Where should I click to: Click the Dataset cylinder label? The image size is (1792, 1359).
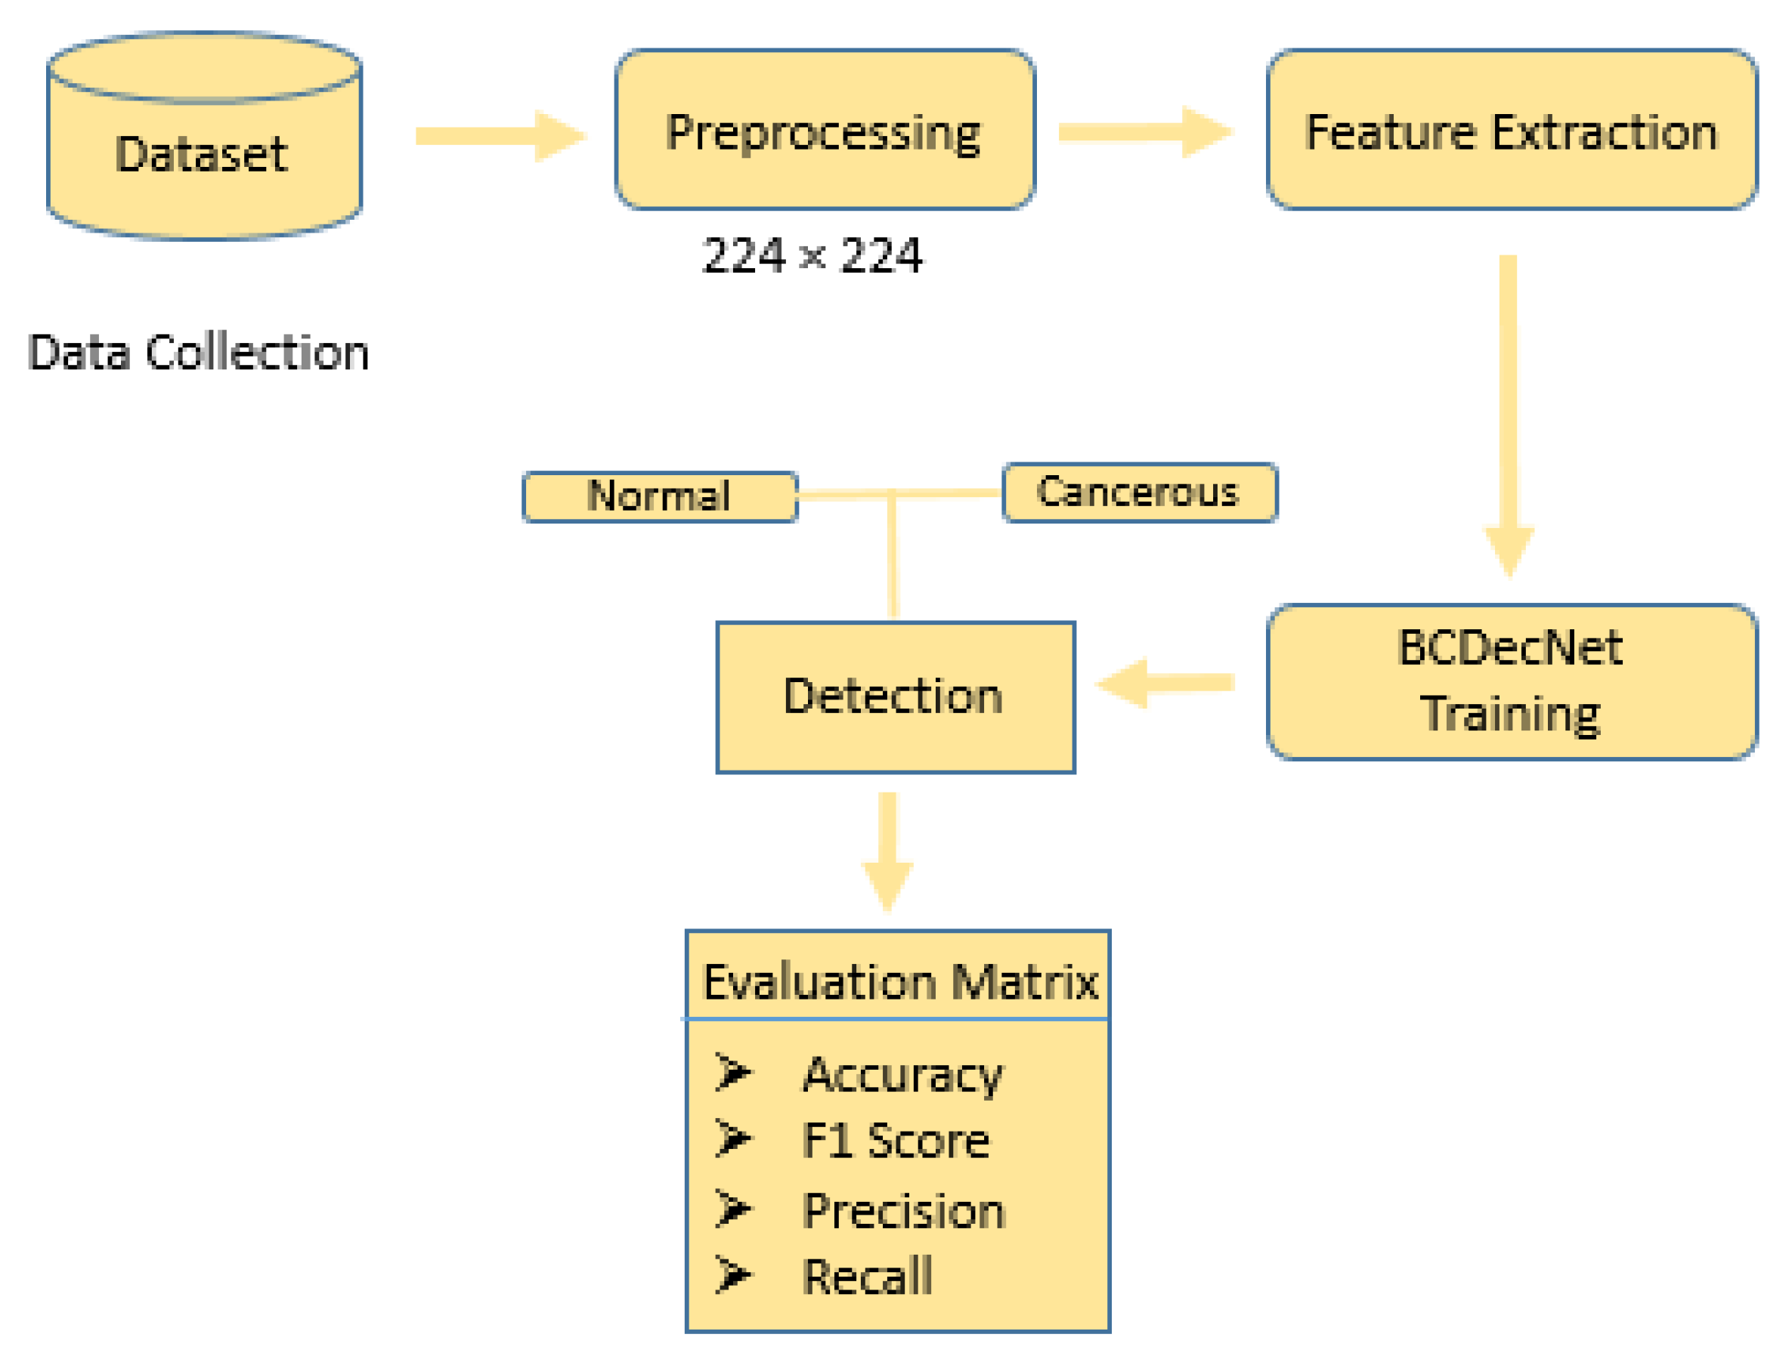[202, 154]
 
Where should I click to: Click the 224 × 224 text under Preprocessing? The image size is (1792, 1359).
[812, 256]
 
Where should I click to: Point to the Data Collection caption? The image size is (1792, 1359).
[199, 353]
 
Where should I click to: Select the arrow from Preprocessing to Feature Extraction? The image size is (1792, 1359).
[1144, 131]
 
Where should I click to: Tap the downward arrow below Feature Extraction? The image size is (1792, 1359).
[1509, 413]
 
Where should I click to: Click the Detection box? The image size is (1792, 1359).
[895, 697]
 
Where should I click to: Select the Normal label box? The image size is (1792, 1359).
[660, 496]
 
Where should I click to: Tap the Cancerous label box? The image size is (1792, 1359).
[1139, 493]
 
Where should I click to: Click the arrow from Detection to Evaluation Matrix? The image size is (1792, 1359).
[888, 851]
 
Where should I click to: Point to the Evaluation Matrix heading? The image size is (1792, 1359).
[899, 982]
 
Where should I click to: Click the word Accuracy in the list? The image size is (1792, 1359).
[902, 1076]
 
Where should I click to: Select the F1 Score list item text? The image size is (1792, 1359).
[895, 1142]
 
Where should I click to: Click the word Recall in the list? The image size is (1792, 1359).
[867, 1277]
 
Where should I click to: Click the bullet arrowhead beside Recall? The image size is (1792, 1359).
[733, 1276]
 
